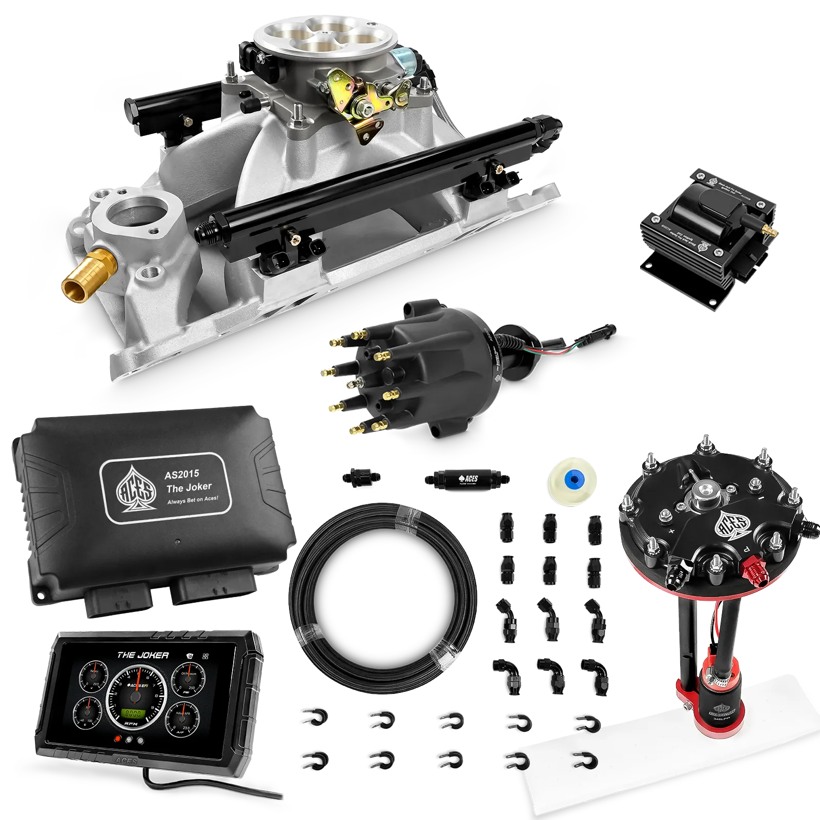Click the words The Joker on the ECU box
[x=189, y=487]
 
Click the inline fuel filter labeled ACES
[x=466, y=479]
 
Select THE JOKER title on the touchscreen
[x=143, y=655]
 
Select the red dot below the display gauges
[x=118, y=740]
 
